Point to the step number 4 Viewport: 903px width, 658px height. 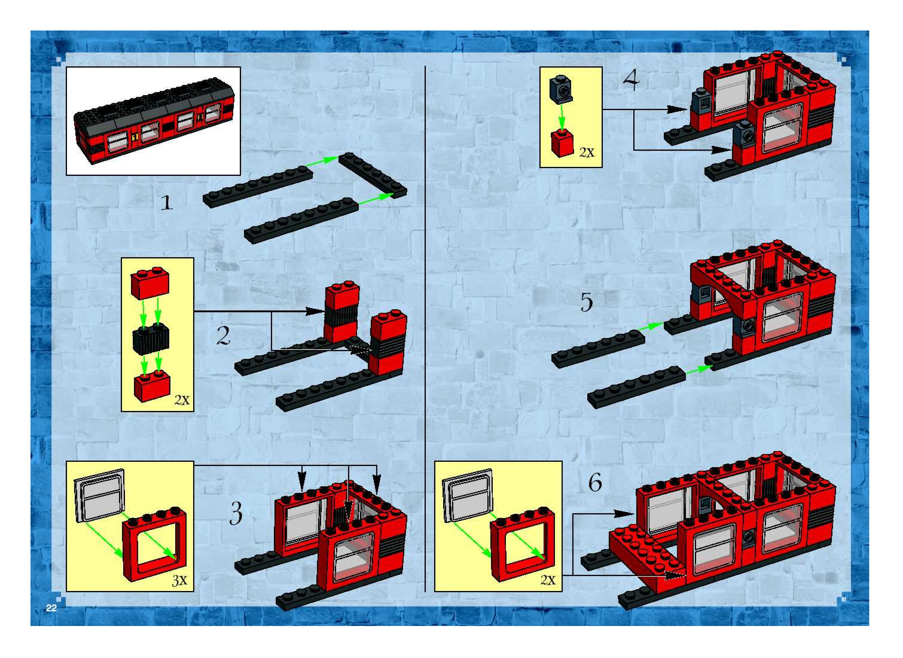[632, 80]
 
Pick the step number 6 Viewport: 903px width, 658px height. [595, 483]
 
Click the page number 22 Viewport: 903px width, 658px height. [51, 608]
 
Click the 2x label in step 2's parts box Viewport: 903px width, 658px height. [182, 400]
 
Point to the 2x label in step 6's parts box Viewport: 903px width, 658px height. [548, 580]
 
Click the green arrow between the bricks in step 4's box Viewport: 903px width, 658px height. [562, 118]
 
